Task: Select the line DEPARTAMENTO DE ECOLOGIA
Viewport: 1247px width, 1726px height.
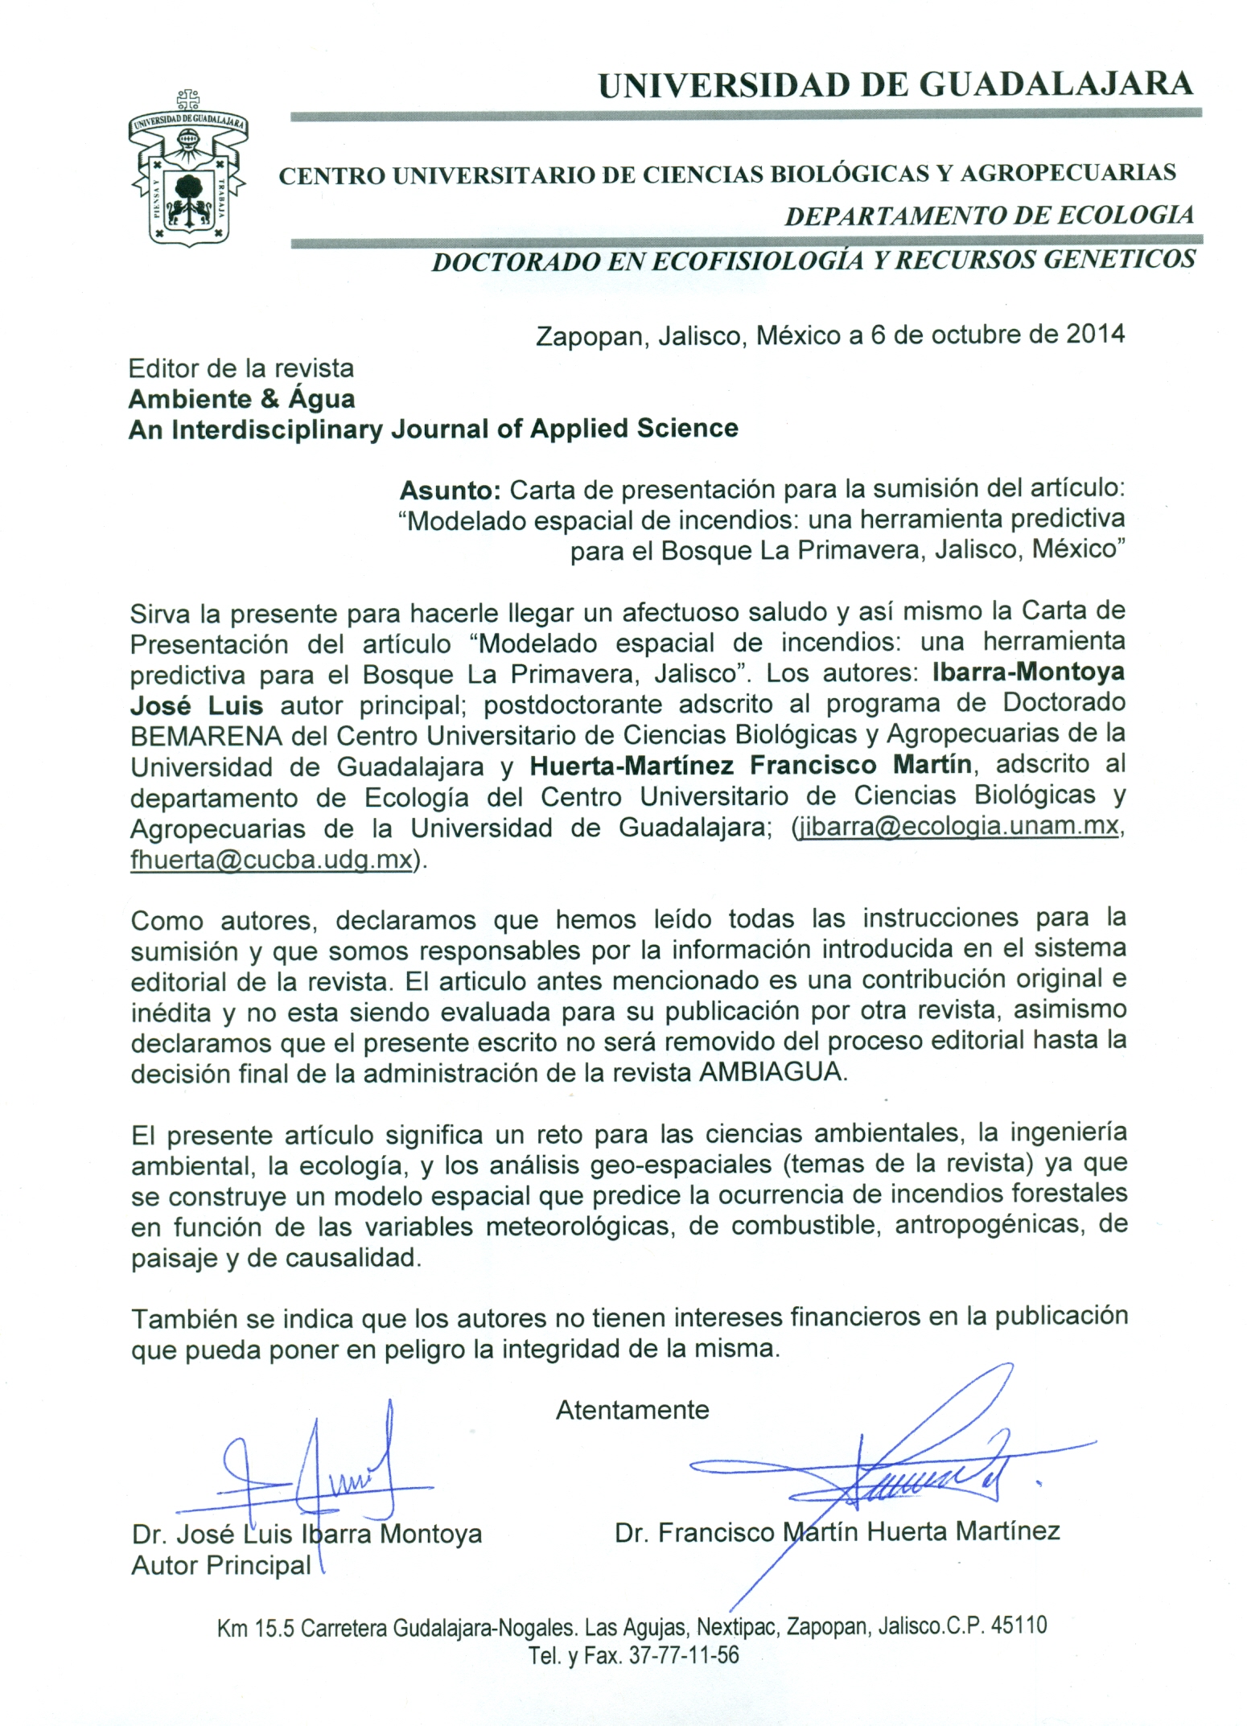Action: pyautogui.click(x=989, y=216)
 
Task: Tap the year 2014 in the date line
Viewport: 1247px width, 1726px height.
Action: pyautogui.click(x=1095, y=335)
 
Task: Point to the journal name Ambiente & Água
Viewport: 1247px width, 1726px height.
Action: pyautogui.click(x=241, y=399)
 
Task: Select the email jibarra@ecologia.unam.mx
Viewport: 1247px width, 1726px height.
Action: pyautogui.click(x=957, y=828)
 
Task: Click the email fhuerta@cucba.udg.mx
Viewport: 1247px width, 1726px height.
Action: pyautogui.click(x=271, y=859)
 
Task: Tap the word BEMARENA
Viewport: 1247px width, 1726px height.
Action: pyautogui.click(x=206, y=735)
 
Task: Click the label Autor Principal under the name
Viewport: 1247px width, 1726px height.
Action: pyautogui.click(x=221, y=1565)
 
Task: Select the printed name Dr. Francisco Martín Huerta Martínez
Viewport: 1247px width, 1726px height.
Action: pyautogui.click(x=837, y=1531)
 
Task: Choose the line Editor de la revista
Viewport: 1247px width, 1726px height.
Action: pyautogui.click(x=241, y=368)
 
